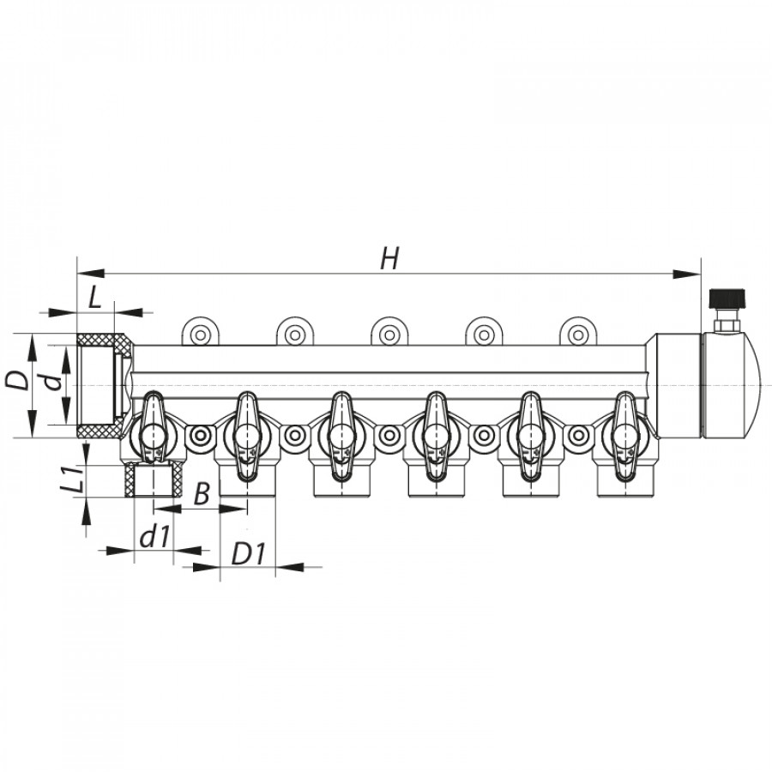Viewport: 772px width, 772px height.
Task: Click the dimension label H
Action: coord(389,258)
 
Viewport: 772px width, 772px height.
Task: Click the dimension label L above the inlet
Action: coord(94,298)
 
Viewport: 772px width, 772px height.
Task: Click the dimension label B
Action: coord(202,493)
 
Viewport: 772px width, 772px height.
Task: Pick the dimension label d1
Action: coord(155,537)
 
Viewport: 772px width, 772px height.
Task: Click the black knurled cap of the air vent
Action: coord(727,299)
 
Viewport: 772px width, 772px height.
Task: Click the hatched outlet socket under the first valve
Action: coord(154,479)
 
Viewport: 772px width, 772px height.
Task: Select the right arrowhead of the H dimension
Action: coord(687,274)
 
